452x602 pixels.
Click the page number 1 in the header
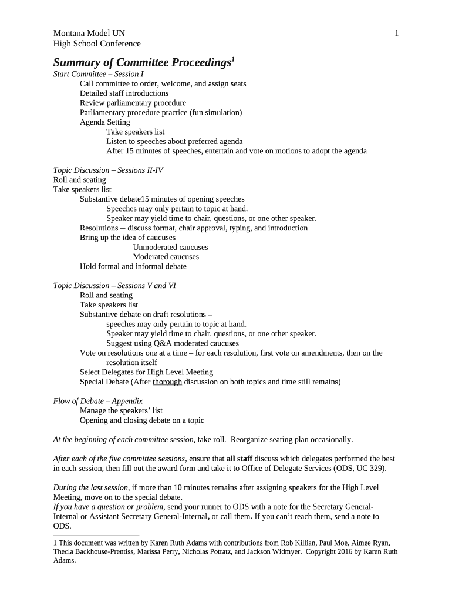(x=397, y=34)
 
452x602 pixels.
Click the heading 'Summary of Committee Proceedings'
(x=144, y=62)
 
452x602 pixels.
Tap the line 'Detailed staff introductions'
(x=124, y=93)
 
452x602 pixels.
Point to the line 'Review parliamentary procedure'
(x=133, y=103)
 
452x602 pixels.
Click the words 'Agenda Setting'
(x=105, y=122)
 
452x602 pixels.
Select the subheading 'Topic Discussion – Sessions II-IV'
(x=108, y=170)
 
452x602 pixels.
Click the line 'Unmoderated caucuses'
(x=170, y=248)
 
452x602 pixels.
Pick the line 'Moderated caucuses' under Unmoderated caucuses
(x=166, y=257)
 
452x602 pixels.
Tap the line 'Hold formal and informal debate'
(x=133, y=266)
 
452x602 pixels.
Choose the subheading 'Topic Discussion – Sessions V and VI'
(x=114, y=286)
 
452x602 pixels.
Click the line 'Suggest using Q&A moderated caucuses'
(x=173, y=343)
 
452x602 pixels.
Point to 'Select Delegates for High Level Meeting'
(x=146, y=372)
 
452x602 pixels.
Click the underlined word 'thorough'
(x=167, y=382)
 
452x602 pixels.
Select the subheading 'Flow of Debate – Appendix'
(x=98, y=401)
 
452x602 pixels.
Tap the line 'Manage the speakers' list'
(x=121, y=410)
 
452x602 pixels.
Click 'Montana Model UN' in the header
(x=89, y=34)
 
